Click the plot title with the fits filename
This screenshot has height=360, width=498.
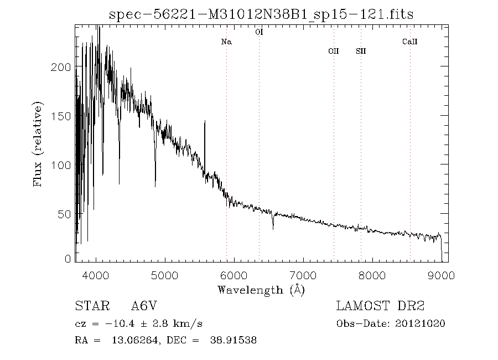coord(261,14)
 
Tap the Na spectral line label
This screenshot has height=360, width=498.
coord(226,42)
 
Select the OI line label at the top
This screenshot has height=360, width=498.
coord(259,33)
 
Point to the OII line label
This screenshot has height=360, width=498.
coord(333,51)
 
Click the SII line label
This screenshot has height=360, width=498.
coord(361,51)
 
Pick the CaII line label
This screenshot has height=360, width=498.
coord(409,42)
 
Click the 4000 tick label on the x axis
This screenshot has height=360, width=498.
coord(96,275)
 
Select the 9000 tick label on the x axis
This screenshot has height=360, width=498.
coord(442,275)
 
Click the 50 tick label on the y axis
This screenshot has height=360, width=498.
coord(65,214)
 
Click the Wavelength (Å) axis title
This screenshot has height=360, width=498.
coord(261,289)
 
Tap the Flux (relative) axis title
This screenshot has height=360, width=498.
coord(38,144)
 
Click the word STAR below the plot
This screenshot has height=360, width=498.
coord(90,306)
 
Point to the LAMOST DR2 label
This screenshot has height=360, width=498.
coord(381,306)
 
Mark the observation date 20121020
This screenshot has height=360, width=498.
coord(421,323)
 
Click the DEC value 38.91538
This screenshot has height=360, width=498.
coord(233,341)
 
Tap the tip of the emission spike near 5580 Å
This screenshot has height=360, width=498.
coord(205,121)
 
